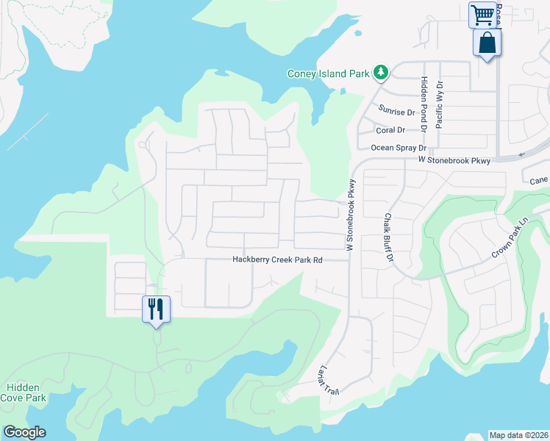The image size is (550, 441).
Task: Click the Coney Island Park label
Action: point(328,73)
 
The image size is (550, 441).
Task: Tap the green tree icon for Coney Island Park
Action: point(380,72)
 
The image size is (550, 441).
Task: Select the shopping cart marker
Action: point(482,15)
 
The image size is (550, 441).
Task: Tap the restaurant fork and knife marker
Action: point(156,309)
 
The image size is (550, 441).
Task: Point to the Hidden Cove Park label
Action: point(26,392)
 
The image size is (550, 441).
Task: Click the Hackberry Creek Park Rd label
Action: point(278,259)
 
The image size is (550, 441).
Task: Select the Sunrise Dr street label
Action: point(396,111)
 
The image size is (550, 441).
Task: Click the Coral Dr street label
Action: point(390,130)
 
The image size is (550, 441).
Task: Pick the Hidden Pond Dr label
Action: point(424,103)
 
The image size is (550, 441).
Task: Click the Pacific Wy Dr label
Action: point(440,104)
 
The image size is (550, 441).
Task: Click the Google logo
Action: point(24,432)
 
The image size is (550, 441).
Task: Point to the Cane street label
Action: point(539,180)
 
